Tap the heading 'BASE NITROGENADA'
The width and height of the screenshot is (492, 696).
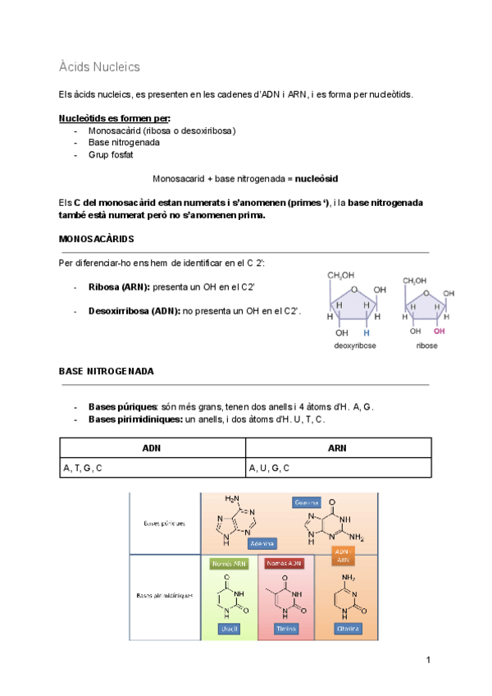click(x=106, y=371)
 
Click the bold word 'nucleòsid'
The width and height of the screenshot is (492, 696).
click(x=317, y=178)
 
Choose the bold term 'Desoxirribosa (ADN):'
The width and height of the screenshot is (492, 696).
click(x=134, y=311)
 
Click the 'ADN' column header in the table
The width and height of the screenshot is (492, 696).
click(x=152, y=448)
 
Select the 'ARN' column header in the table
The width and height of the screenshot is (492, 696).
click(x=338, y=448)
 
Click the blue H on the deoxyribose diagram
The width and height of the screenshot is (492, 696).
click(x=367, y=333)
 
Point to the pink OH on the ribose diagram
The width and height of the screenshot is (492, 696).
click(x=440, y=332)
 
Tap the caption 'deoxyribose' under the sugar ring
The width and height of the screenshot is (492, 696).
click(x=353, y=346)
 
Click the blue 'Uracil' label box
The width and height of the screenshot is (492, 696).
click(x=229, y=628)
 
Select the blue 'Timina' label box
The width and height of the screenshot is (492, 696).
click(x=286, y=628)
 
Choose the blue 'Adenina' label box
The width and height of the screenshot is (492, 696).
click(x=262, y=543)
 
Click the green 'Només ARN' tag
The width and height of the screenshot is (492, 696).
click(x=228, y=565)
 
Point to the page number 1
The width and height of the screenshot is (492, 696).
click(x=428, y=660)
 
